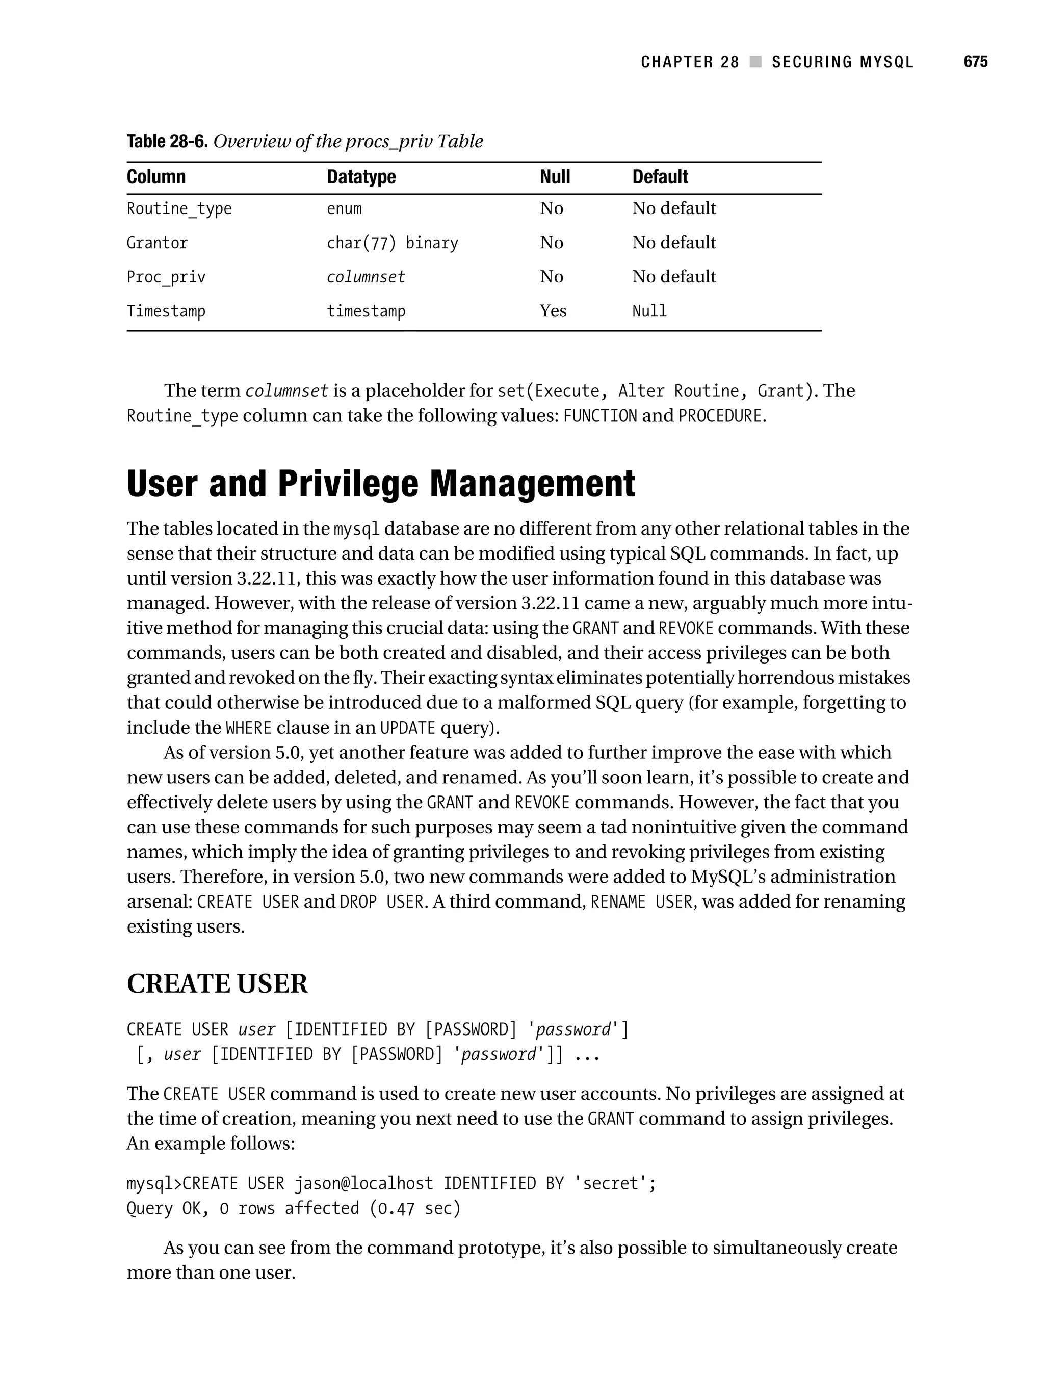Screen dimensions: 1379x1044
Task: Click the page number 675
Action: click(x=975, y=62)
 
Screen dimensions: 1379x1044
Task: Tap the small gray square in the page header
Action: click(x=755, y=62)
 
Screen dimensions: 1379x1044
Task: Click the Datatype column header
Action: click(x=361, y=177)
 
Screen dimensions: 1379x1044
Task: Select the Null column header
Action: click(x=555, y=177)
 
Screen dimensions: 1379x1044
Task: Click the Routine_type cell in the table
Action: click(x=179, y=209)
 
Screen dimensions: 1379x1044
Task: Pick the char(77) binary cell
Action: click(x=391, y=243)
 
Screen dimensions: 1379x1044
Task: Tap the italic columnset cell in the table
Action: click(x=366, y=277)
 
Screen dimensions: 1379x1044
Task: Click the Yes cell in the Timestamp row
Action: click(x=553, y=310)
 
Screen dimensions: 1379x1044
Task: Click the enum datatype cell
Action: click(x=344, y=209)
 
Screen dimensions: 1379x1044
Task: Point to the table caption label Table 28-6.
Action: click(x=167, y=142)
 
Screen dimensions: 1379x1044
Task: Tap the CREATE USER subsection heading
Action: click(x=217, y=984)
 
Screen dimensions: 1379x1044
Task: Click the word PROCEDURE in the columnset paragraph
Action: click(x=720, y=416)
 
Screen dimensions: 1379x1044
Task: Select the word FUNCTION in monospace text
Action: click(x=599, y=416)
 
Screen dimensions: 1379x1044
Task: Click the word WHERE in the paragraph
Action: click(x=248, y=728)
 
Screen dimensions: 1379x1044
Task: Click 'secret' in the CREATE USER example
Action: click(x=615, y=1183)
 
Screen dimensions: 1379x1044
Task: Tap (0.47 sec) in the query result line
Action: click(x=415, y=1208)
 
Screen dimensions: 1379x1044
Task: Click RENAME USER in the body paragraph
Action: click(x=641, y=902)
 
